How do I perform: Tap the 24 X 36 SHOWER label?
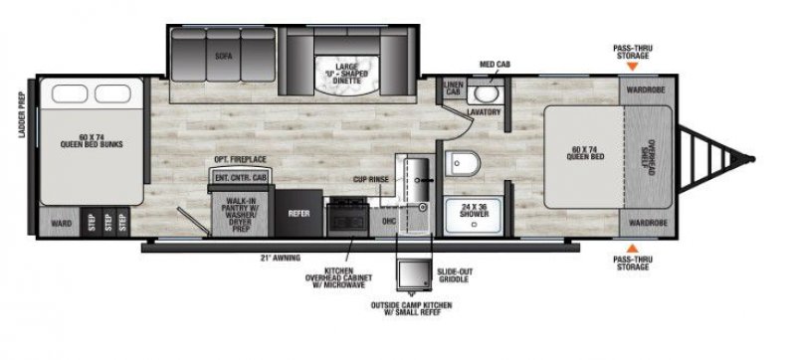tap(470, 211)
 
